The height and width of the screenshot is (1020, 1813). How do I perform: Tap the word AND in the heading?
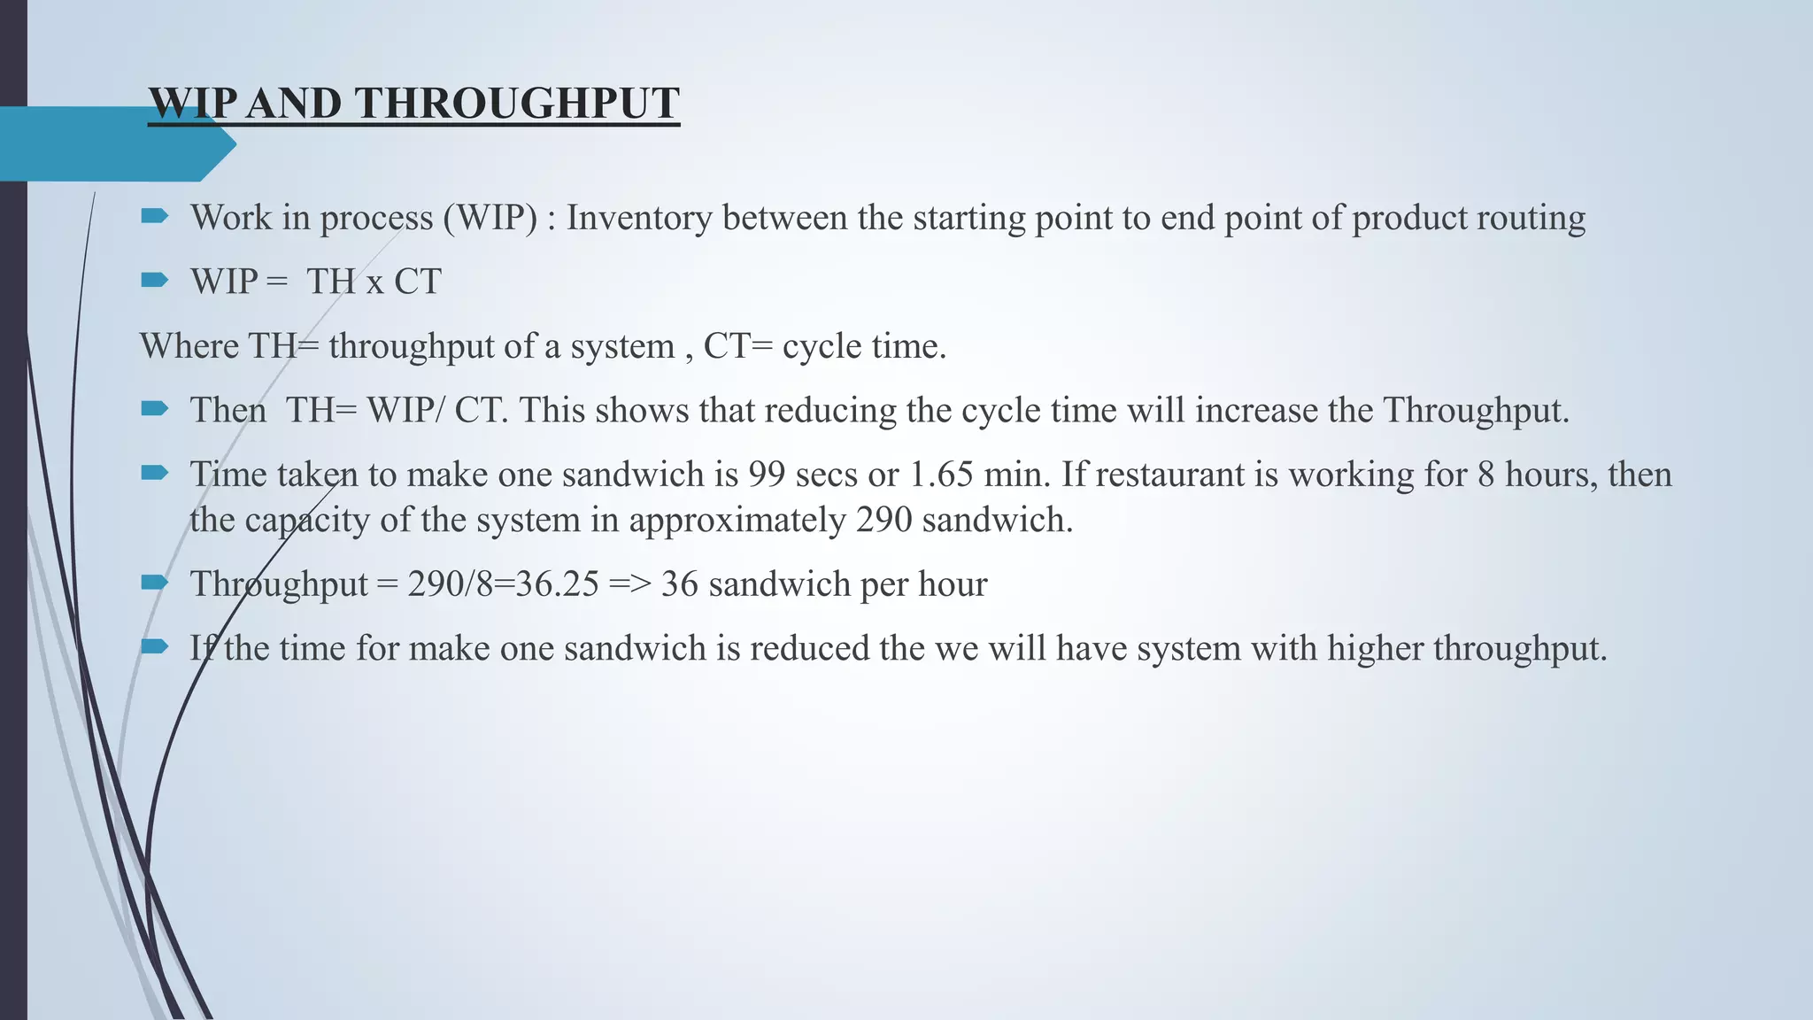pos(293,104)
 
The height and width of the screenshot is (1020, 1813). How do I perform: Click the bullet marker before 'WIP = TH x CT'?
pos(154,281)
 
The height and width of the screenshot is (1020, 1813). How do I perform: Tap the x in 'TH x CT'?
pos(374,282)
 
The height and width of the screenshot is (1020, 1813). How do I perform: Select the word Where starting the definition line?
pos(189,346)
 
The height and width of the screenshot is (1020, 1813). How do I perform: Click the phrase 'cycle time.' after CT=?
pos(864,346)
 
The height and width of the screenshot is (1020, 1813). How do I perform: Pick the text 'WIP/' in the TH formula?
pos(406,411)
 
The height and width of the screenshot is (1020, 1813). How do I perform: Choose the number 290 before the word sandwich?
pos(883,521)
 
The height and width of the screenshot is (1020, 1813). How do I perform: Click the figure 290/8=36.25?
pos(503,584)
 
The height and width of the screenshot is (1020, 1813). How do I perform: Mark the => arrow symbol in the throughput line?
pos(629,584)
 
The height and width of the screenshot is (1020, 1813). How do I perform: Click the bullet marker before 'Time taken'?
pos(154,474)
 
